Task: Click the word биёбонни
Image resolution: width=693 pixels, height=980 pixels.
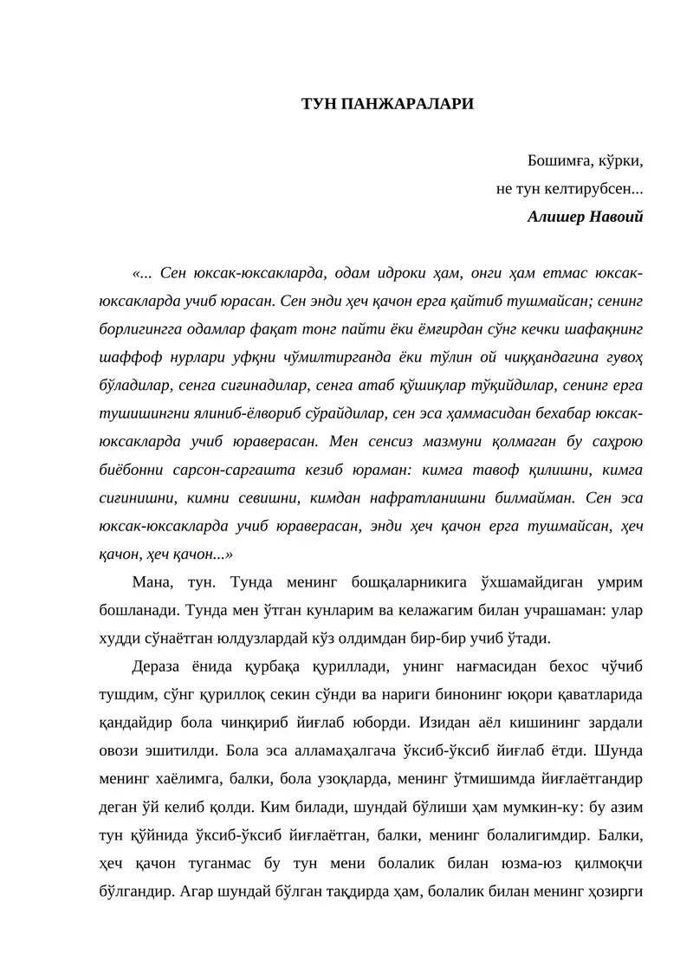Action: coord(131,470)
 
